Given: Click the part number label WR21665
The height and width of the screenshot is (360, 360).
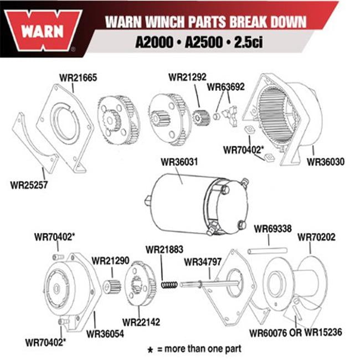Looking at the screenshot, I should [78, 78].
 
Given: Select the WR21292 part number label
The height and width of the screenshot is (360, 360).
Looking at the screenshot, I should [187, 76].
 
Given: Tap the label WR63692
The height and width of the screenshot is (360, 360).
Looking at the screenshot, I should [226, 86].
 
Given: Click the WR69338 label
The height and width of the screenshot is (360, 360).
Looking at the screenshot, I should [272, 228].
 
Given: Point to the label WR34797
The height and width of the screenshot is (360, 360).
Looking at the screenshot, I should [202, 261].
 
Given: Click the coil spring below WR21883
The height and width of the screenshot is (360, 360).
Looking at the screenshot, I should [169, 284].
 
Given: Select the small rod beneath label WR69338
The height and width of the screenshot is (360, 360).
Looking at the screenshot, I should [267, 251].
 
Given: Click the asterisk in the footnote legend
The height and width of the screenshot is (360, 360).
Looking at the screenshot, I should [150, 350].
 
